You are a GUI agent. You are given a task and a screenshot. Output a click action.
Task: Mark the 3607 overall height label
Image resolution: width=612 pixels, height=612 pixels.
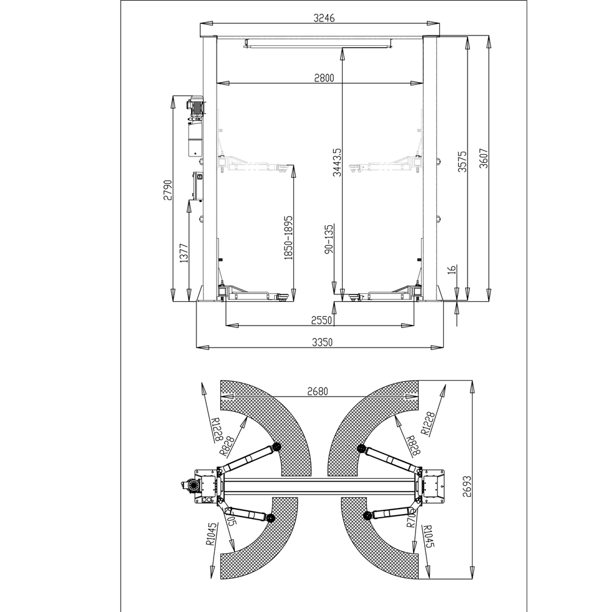click(483, 162)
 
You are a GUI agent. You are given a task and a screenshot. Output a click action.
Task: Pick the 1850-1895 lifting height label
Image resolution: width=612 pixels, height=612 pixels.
click(288, 237)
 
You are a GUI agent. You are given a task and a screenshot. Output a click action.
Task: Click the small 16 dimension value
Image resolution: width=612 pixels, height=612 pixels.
click(452, 269)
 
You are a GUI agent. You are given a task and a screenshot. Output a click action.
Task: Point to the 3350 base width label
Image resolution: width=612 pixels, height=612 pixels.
click(321, 343)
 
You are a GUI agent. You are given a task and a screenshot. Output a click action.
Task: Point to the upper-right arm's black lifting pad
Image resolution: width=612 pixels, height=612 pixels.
click(361, 450)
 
